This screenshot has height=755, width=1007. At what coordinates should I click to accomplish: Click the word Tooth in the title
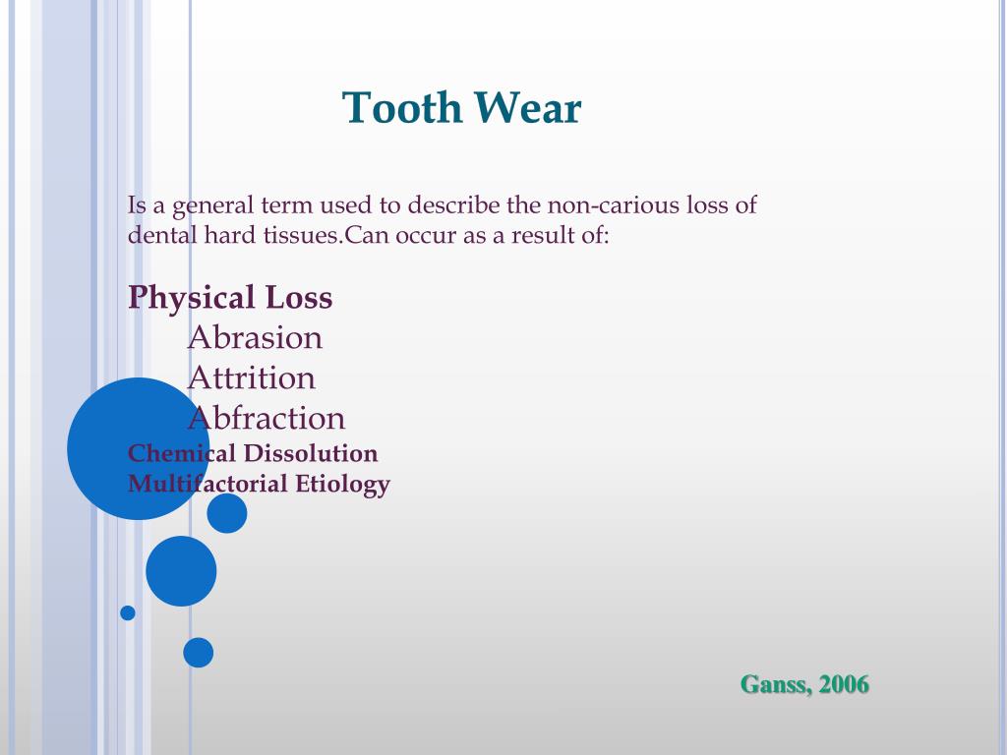point(402,108)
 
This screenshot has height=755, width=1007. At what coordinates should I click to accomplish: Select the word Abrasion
point(255,338)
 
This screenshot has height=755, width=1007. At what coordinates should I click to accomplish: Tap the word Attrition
point(252,378)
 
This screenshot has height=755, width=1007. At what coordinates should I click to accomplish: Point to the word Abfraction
point(267,419)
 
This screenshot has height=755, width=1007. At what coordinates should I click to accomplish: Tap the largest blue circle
point(138,448)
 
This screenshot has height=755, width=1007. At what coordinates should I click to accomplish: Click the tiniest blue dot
point(128,612)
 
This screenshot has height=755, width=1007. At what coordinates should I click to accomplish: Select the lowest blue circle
point(198,652)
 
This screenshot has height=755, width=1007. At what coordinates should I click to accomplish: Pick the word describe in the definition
point(454,206)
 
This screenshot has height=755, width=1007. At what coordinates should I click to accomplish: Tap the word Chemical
point(182,453)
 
